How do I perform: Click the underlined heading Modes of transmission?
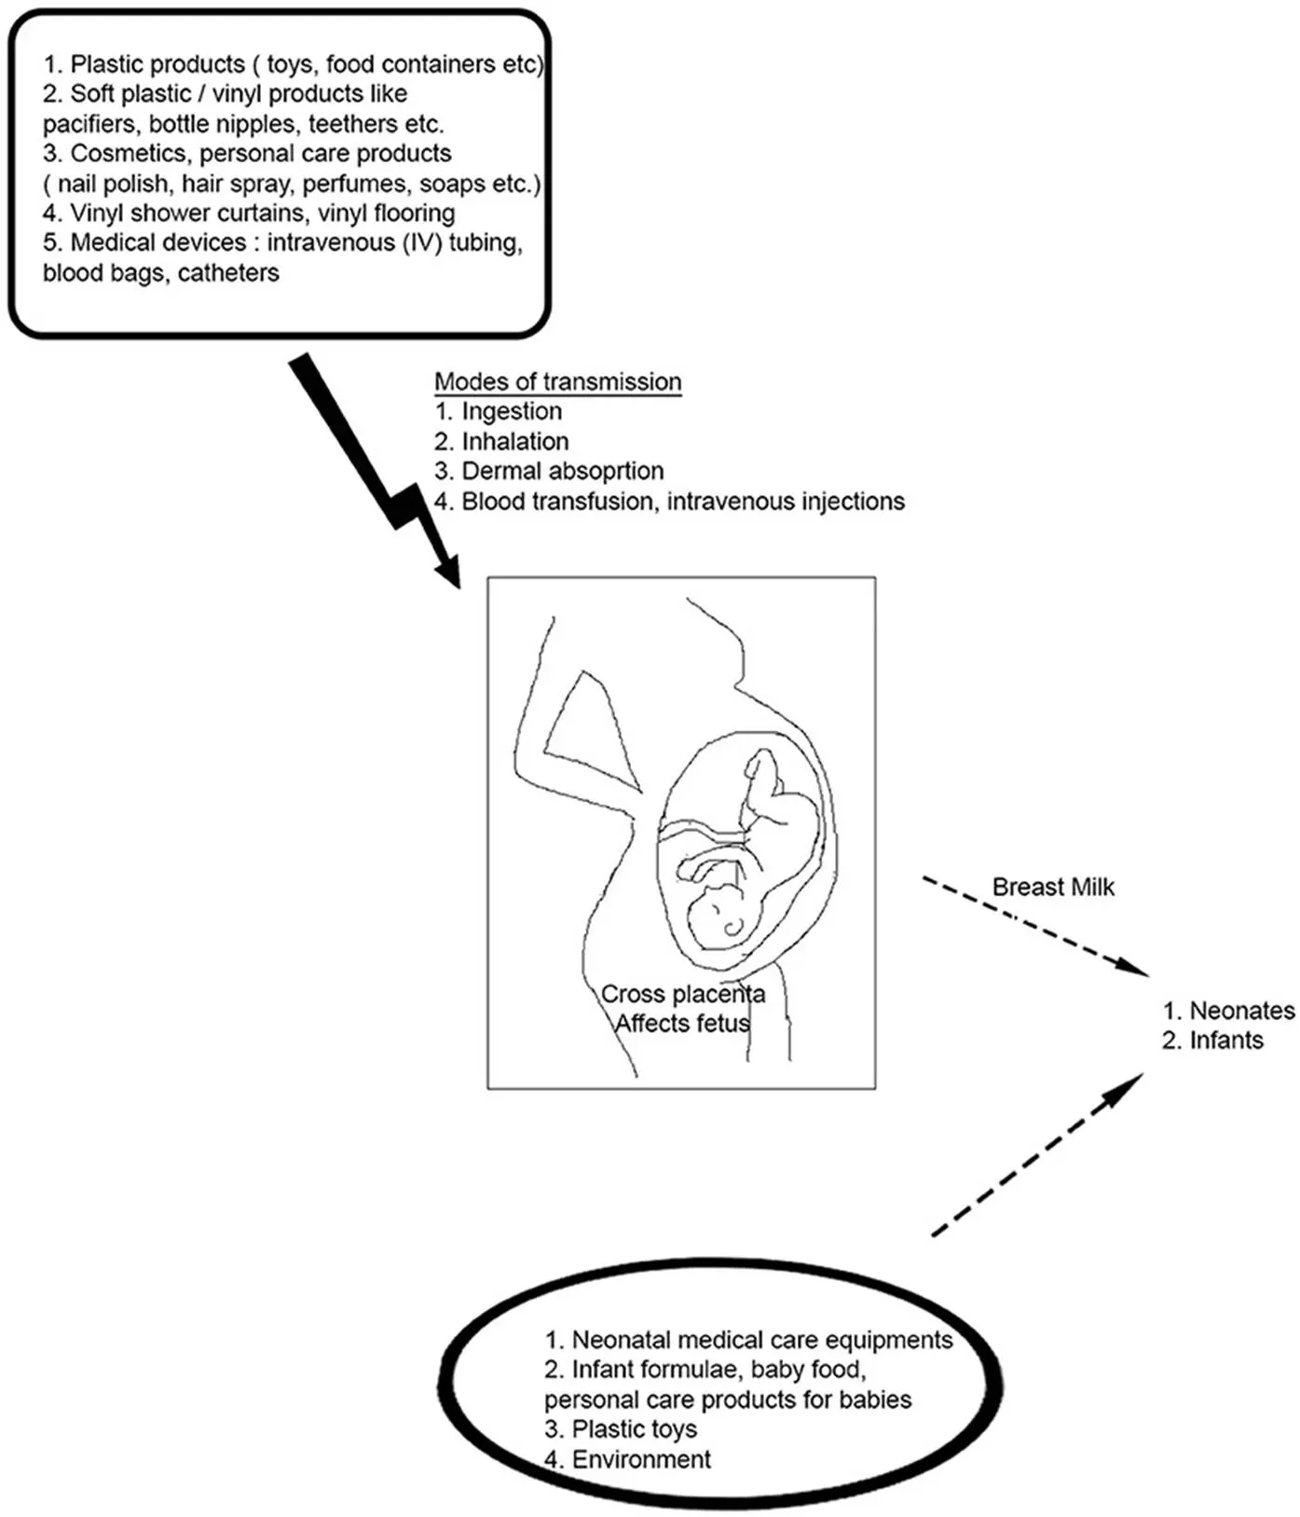tap(557, 381)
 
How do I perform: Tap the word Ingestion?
tap(512, 411)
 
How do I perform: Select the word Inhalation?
tap(514, 441)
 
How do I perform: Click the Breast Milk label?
tap(1052, 887)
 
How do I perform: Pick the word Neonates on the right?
tap(1241, 1011)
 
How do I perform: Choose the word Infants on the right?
tap(1225, 1041)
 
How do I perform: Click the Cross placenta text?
tap(682, 994)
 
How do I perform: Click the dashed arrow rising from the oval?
tap(1034, 1156)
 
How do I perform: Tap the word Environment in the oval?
tap(640, 1459)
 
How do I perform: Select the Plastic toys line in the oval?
tap(634, 1429)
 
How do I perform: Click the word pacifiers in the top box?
tap(89, 124)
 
